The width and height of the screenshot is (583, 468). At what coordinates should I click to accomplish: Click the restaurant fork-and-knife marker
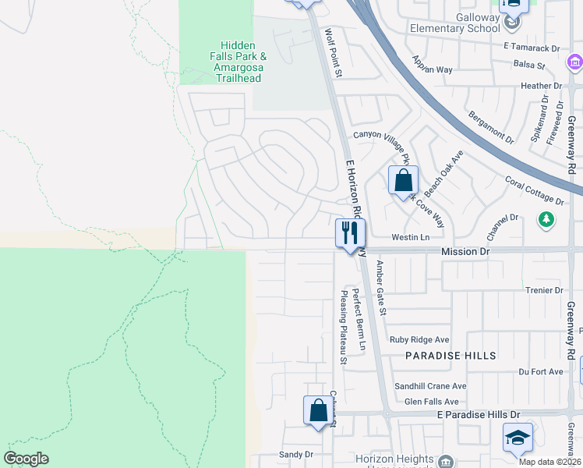pyautogui.click(x=350, y=232)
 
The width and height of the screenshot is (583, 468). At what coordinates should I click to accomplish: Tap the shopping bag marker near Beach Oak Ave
pyautogui.click(x=403, y=180)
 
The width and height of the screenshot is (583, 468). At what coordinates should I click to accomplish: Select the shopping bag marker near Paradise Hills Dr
pyautogui.click(x=318, y=410)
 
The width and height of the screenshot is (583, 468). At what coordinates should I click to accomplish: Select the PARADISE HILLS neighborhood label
pyautogui.click(x=450, y=356)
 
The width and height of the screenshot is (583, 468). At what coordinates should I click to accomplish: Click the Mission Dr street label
pyautogui.click(x=465, y=252)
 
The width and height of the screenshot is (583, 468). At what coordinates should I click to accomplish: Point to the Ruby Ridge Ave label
pyautogui.click(x=420, y=340)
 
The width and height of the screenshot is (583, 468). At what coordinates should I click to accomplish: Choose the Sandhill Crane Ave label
pyautogui.click(x=430, y=386)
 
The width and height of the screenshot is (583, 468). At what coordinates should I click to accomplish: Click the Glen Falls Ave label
pyautogui.click(x=431, y=401)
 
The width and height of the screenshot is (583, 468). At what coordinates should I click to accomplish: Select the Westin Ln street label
pyautogui.click(x=410, y=237)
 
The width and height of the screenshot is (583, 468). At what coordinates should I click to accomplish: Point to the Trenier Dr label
pyautogui.click(x=544, y=290)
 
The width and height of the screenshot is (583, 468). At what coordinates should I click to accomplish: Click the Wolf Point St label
pyautogui.click(x=334, y=53)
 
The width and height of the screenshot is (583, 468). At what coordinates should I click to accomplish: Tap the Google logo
pyautogui.click(x=26, y=459)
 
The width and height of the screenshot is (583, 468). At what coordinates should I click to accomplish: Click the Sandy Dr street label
pyautogui.click(x=295, y=454)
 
